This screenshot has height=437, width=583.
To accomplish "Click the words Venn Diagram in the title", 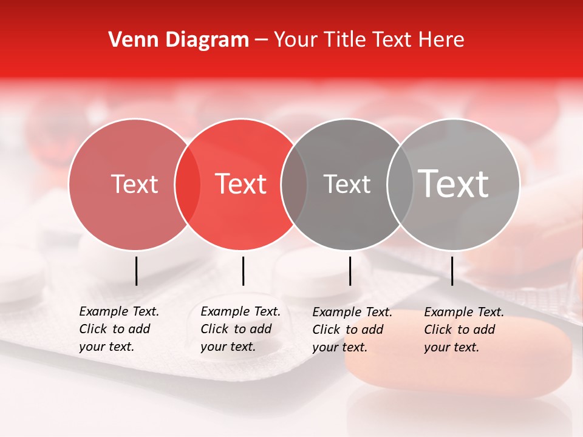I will click(x=179, y=40).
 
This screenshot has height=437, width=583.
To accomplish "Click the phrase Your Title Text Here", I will click(x=369, y=40).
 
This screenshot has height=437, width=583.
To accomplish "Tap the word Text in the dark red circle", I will click(x=134, y=185).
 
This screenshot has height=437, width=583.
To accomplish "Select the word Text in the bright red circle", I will click(x=241, y=185).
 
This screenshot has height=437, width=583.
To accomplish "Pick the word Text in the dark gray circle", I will click(x=347, y=185).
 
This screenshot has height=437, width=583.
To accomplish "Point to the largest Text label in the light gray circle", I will click(x=454, y=184).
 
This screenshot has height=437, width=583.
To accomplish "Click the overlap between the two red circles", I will click(x=187, y=185).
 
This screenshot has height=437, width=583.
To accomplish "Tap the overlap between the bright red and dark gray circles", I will click(x=294, y=185).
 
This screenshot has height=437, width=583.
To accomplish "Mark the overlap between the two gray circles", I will click(x=400, y=185).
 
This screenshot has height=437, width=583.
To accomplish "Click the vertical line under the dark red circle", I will click(x=137, y=271).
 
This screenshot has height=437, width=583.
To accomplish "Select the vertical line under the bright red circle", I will click(x=243, y=271).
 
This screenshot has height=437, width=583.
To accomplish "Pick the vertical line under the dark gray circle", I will click(x=350, y=271).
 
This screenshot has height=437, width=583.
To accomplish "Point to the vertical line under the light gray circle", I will click(x=452, y=271).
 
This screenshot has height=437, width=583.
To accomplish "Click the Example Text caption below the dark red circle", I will click(x=119, y=329).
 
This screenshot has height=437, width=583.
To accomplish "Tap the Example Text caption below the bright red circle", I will click(x=240, y=329).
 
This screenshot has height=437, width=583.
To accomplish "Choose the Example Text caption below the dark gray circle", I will click(x=352, y=330).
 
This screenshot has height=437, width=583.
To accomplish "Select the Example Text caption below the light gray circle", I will click(x=464, y=330).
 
